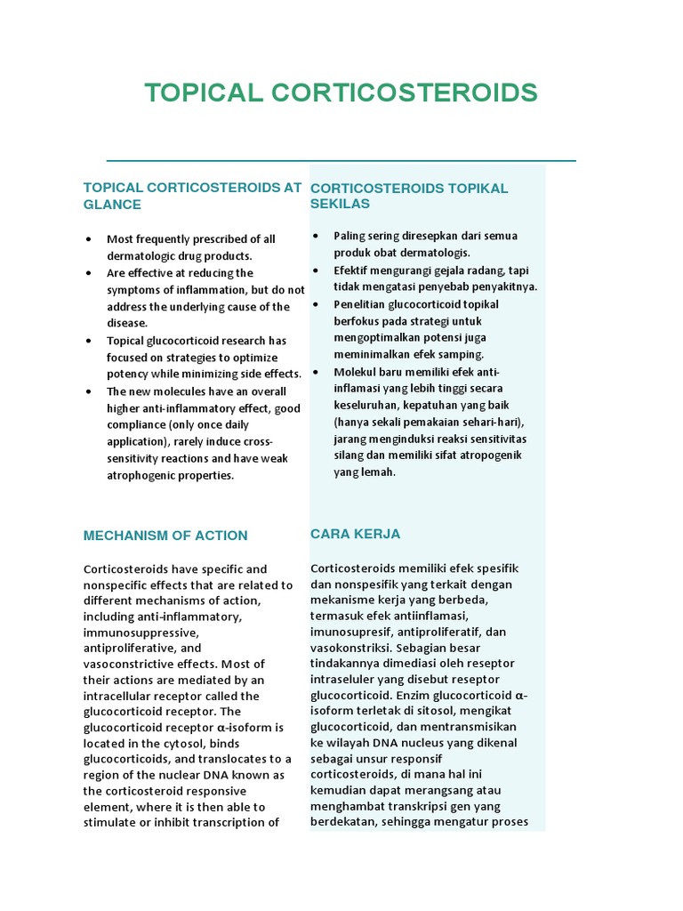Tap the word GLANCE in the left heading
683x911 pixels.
pyautogui.click(x=112, y=204)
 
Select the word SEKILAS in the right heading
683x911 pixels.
pyautogui.click(x=340, y=204)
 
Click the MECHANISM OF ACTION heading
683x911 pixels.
pyautogui.click(x=165, y=536)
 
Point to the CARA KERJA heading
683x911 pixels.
pyautogui.click(x=355, y=534)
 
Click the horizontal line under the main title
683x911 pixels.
pyautogui.click(x=341, y=161)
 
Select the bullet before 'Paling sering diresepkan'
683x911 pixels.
pyautogui.click(x=316, y=236)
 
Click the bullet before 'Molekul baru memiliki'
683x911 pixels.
pyautogui.click(x=316, y=372)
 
